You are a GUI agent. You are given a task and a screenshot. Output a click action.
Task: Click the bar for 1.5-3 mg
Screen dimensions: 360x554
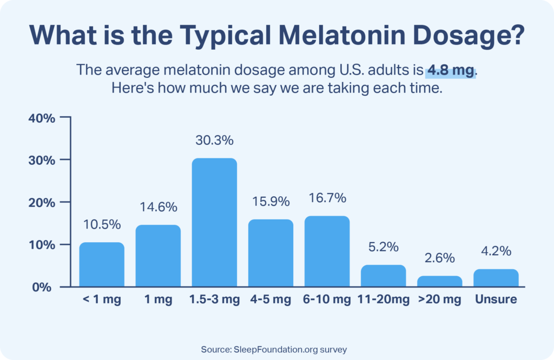click(x=214, y=222)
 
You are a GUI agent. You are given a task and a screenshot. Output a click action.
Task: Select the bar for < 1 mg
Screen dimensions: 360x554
click(x=102, y=264)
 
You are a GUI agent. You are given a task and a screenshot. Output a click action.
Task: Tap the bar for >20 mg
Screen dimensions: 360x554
click(x=440, y=281)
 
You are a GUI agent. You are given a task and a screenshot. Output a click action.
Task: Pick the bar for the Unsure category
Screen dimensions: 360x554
click(x=496, y=278)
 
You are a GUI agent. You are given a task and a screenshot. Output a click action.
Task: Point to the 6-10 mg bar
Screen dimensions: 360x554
click(x=327, y=251)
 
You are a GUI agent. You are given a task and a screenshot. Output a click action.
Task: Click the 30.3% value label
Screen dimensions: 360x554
click(x=214, y=141)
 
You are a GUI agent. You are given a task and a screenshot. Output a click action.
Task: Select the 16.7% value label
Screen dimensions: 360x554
click(x=327, y=198)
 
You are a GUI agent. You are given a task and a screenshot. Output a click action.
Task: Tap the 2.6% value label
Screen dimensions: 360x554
click(x=440, y=258)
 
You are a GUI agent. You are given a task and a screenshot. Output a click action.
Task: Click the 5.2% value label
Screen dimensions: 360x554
click(x=384, y=247)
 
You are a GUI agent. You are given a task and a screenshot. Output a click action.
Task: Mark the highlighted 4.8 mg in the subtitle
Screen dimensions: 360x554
click(x=450, y=70)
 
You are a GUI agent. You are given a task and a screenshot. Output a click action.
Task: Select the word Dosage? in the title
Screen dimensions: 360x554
click(x=478, y=35)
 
